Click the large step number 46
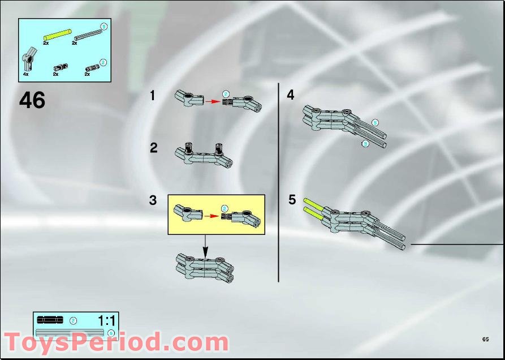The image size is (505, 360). (32, 100)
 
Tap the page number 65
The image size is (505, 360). (485, 339)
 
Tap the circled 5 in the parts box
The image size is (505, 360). (103, 26)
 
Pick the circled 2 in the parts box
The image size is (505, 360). (103, 62)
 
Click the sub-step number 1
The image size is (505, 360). (152, 96)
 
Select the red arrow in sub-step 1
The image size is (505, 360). (212, 102)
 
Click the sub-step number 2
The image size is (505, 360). (154, 148)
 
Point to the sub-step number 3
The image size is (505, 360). (153, 200)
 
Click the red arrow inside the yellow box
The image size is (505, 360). (212, 216)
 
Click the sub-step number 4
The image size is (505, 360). (291, 95)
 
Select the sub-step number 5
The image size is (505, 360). (292, 200)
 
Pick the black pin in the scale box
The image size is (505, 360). (51, 320)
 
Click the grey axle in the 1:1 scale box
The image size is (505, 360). (69, 332)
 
